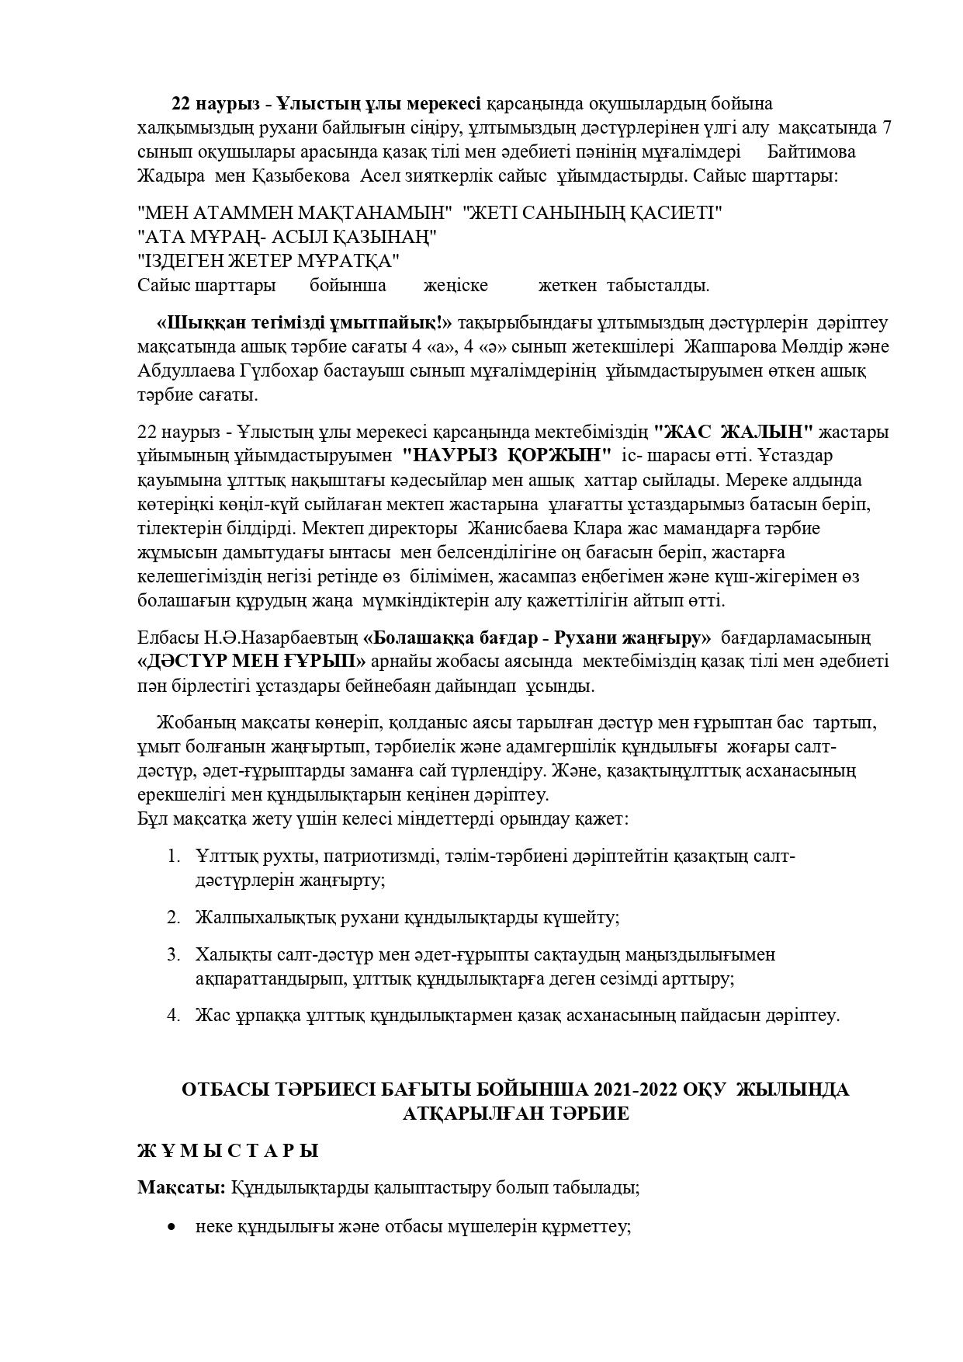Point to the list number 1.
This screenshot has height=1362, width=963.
[x=173, y=856]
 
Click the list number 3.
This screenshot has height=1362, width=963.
[x=173, y=954]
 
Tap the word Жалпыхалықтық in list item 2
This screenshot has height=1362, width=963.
[x=265, y=917]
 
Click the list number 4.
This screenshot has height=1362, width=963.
[x=173, y=1015]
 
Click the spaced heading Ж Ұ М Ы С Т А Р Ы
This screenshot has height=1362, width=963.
[x=228, y=1151]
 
